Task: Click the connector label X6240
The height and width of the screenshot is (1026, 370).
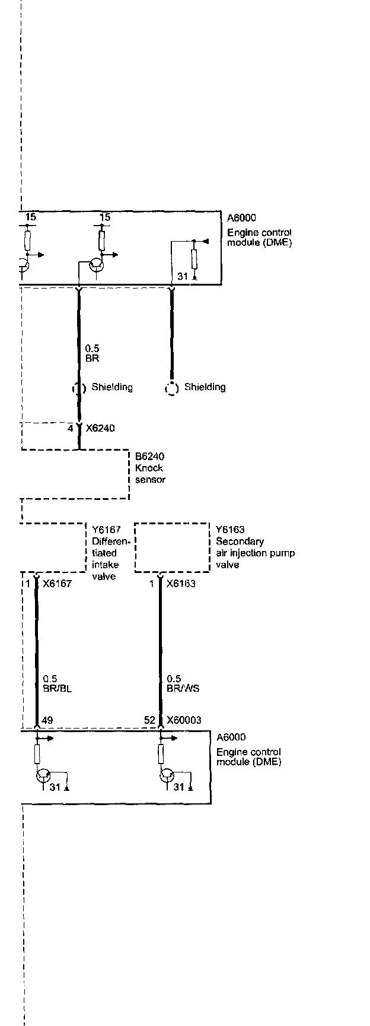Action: pos(100,428)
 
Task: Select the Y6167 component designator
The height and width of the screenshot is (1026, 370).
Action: pos(106,530)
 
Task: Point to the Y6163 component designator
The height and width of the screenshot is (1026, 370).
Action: pos(230,530)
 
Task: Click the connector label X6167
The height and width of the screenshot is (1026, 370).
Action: pos(57,584)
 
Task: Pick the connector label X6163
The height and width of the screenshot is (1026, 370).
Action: pos(181,584)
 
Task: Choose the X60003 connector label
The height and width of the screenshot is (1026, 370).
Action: pos(184,720)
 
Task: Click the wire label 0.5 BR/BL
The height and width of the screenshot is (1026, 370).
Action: pos(57,684)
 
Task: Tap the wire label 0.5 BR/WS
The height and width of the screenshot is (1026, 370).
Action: pos(183,684)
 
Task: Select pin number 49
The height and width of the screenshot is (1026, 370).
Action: pos(47,721)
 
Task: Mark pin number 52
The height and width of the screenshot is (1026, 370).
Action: pos(149,720)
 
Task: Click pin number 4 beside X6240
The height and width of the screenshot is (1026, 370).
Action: pos(70,428)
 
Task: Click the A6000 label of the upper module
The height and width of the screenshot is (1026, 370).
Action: pos(241,218)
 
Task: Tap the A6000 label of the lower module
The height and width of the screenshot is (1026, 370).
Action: pos(231,737)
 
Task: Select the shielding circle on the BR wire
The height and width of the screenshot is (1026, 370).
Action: pos(79,389)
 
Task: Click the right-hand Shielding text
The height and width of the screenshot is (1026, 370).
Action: pos(205,387)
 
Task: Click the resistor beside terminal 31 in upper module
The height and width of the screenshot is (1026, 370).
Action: pos(194,259)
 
